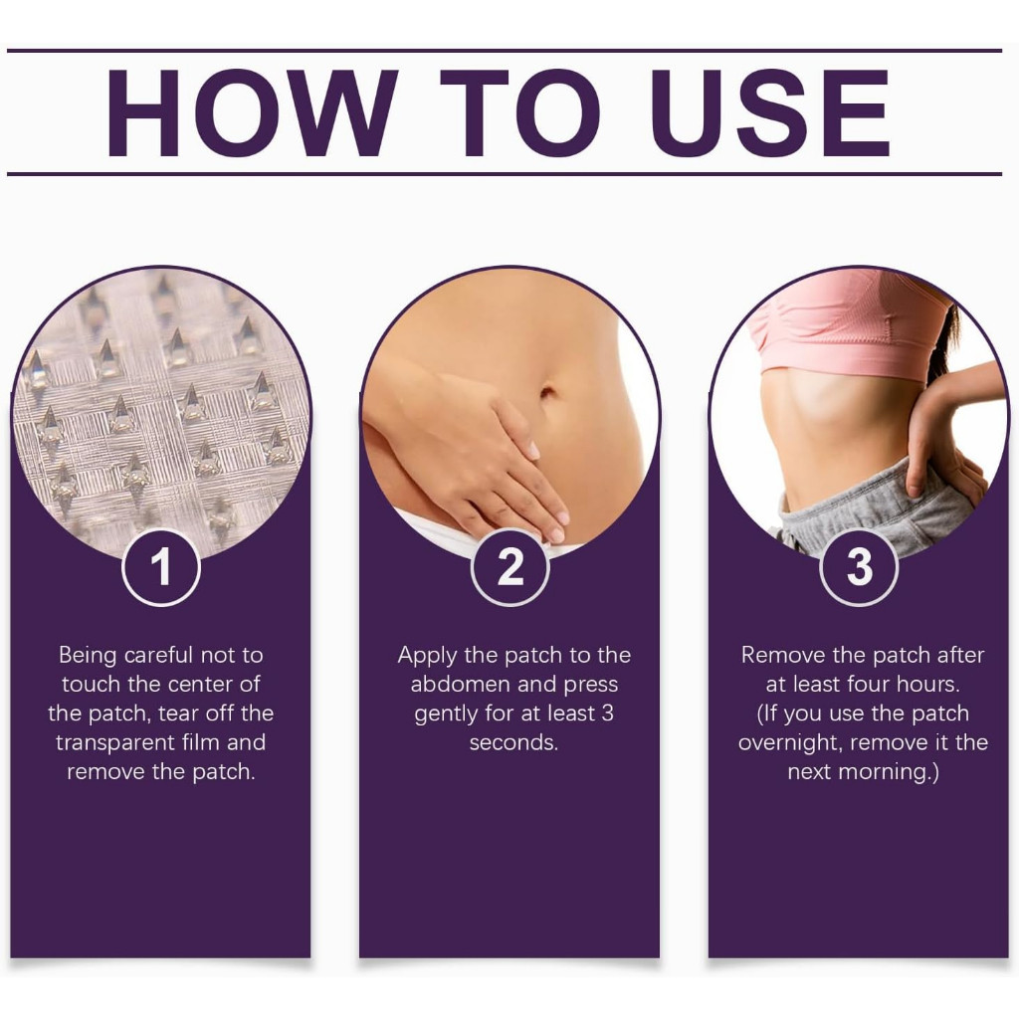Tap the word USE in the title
770,113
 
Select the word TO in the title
519,113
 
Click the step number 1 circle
160,567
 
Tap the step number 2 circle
510,567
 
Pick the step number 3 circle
859,567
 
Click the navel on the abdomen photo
547,392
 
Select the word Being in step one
88,655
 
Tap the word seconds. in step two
514,742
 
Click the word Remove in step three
782,655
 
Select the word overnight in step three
789,742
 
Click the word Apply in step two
428,655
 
